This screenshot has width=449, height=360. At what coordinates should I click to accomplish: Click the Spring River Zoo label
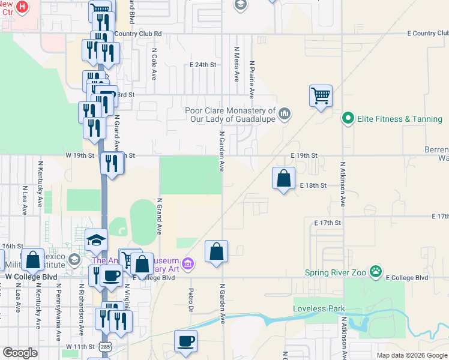coord(338,272)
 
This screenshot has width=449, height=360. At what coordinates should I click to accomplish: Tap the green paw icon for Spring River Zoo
coord(376,272)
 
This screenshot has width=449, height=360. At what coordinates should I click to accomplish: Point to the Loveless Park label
coord(319,308)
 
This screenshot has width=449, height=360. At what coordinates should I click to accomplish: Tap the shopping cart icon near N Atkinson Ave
coord(321,95)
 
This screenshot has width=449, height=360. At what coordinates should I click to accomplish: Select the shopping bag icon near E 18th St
coord(283,178)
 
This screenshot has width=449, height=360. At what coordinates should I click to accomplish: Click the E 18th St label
coord(313,186)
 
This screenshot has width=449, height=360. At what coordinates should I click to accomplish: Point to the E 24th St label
coord(202,64)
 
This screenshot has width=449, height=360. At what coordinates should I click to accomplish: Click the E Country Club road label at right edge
coord(427,34)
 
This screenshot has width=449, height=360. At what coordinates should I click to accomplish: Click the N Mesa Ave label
coord(237,64)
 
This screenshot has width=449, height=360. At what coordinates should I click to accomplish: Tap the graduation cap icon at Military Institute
coord(96,241)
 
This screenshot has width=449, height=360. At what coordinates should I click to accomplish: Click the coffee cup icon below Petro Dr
coord(185,341)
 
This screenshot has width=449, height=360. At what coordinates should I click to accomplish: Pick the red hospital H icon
coord(22,6)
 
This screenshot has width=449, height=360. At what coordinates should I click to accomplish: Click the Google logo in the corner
coord(20,352)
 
